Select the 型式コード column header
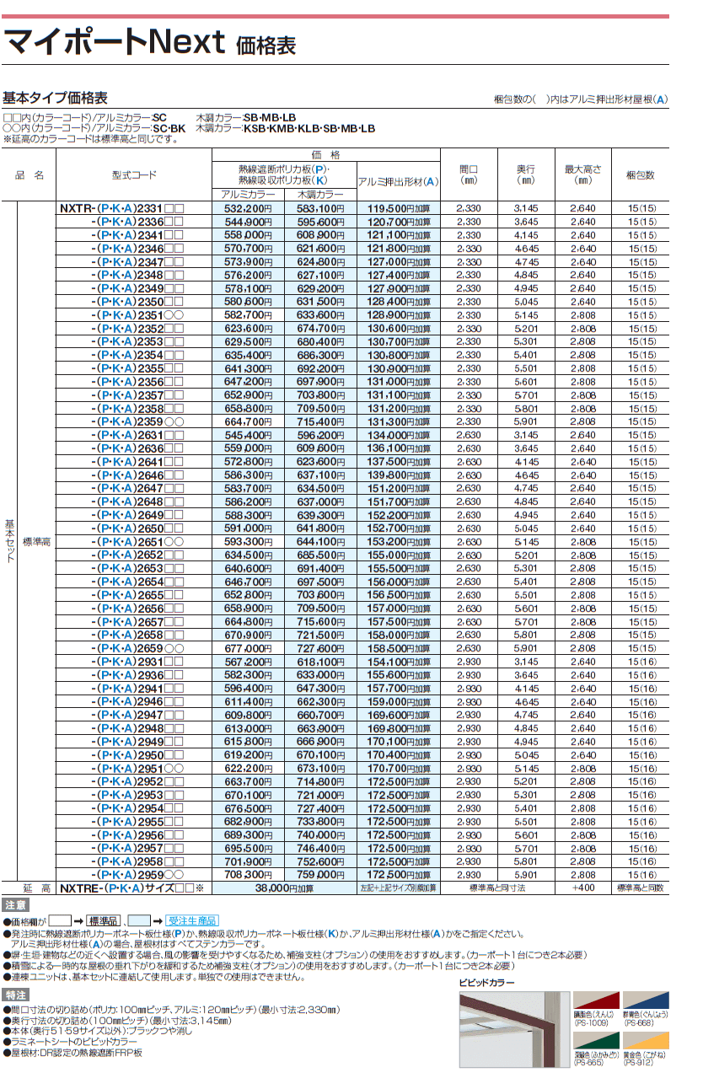click(x=133, y=175)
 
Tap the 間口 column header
click(x=469, y=174)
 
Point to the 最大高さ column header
click(x=582, y=174)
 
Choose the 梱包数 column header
click(x=640, y=175)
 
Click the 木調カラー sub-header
click(x=320, y=195)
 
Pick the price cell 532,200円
click(x=247, y=208)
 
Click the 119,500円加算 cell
click(x=398, y=208)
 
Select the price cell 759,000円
click(x=320, y=875)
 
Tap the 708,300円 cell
click(x=247, y=875)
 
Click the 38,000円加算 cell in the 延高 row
click(x=284, y=888)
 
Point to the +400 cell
click(x=582, y=888)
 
